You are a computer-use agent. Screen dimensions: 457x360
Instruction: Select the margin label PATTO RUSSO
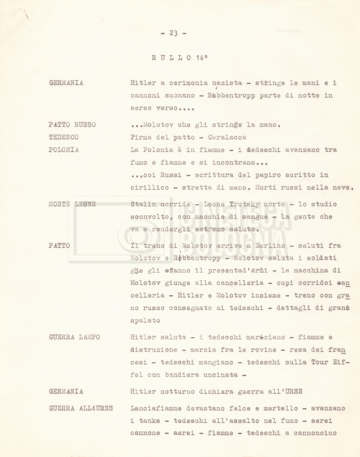click(x=72, y=125)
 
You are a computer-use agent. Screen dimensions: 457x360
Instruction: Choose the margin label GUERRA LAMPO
click(x=74, y=337)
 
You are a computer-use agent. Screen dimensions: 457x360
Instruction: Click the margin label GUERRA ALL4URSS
click(x=80, y=408)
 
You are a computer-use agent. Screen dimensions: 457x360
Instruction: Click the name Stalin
click(x=142, y=204)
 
